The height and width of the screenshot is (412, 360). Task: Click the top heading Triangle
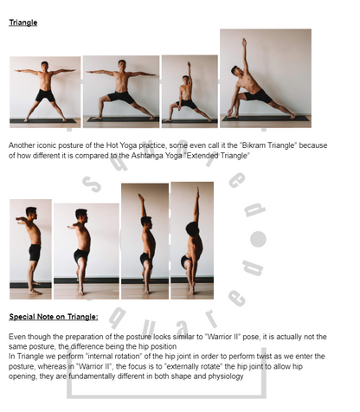click(22, 22)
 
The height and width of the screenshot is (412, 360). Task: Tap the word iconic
click(49, 147)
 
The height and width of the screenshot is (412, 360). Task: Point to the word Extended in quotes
click(225, 156)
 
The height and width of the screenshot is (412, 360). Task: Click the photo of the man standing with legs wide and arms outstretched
click(44, 91)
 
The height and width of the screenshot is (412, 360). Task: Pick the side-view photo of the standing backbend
click(191, 238)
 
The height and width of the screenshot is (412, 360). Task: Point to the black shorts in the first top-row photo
click(44, 95)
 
